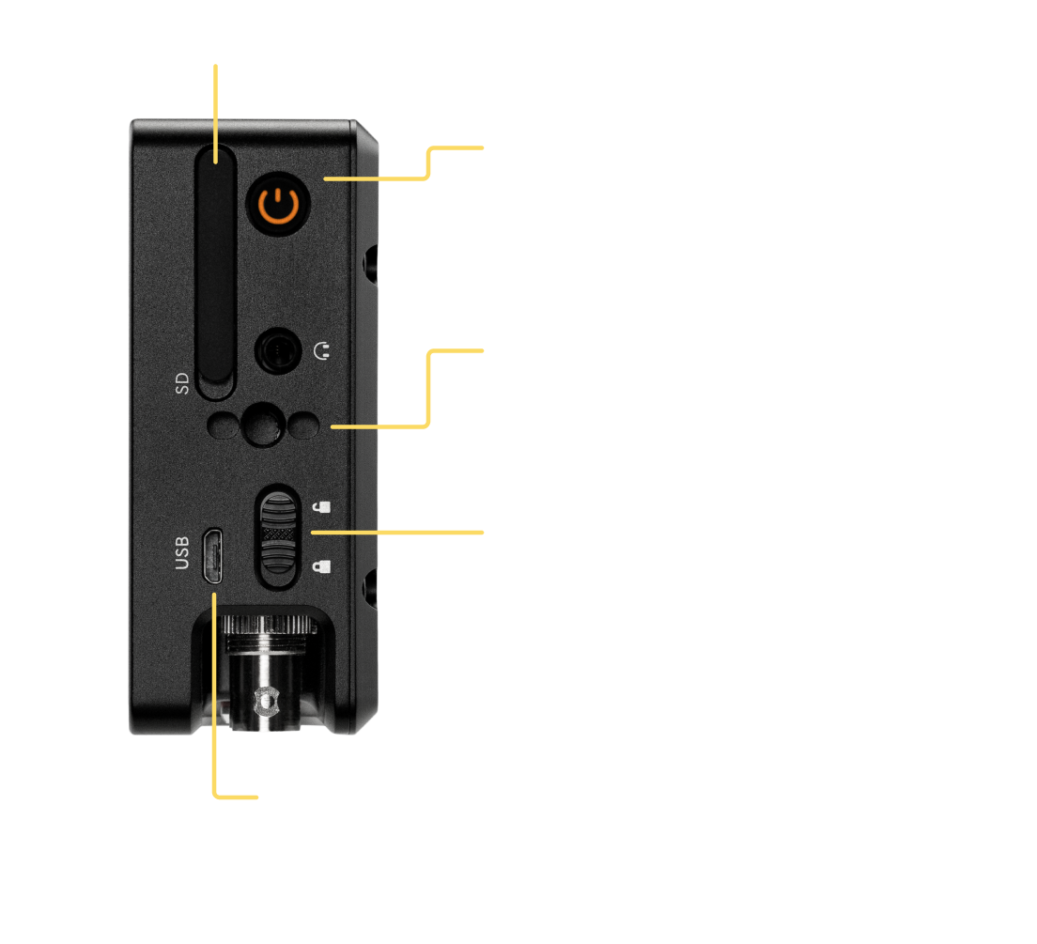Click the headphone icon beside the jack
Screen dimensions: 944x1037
click(321, 353)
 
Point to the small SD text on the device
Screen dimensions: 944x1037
click(182, 383)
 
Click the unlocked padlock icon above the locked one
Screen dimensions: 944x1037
click(321, 508)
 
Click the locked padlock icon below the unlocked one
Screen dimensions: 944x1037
click(321, 566)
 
